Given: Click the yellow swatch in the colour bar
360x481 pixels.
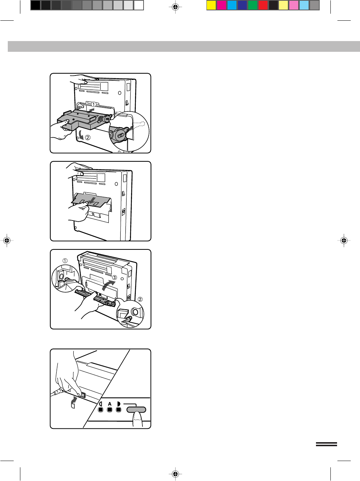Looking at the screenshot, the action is pyautogui.click(x=211, y=6).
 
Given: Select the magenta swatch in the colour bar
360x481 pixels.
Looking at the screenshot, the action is pyautogui.click(x=222, y=6).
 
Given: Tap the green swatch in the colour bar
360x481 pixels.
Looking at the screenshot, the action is pyautogui.click(x=253, y=6).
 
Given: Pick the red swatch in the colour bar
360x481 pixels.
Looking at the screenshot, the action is pyautogui.click(x=263, y=6).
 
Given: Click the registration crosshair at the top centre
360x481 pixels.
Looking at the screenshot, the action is pyautogui.click(x=175, y=7).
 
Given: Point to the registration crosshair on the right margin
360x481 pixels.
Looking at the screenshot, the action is pyautogui.click(x=344, y=240).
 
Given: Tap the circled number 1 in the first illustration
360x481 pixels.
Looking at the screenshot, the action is pyautogui.click(x=93, y=105).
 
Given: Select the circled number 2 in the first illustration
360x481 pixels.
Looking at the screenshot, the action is pyautogui.click(x=87, y=137).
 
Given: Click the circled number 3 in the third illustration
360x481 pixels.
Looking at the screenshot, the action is pyautogui.click(x=114, y=277).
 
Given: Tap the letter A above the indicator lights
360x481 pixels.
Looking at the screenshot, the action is pyautogui.click(x=110, y=404).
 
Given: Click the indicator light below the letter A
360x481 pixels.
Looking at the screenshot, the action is pyautogui.click(x=110, y=410).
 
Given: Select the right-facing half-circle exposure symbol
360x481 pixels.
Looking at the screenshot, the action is pyautogui.click(x=119, y=404).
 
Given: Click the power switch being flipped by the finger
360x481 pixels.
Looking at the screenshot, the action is pyautogui.click(x=83, y=395).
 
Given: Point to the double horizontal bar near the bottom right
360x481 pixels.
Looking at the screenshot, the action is pyautogui.click(x=326, y=444).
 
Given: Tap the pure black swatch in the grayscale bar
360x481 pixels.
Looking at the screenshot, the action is pyautogui.click(x=36, y=6).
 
